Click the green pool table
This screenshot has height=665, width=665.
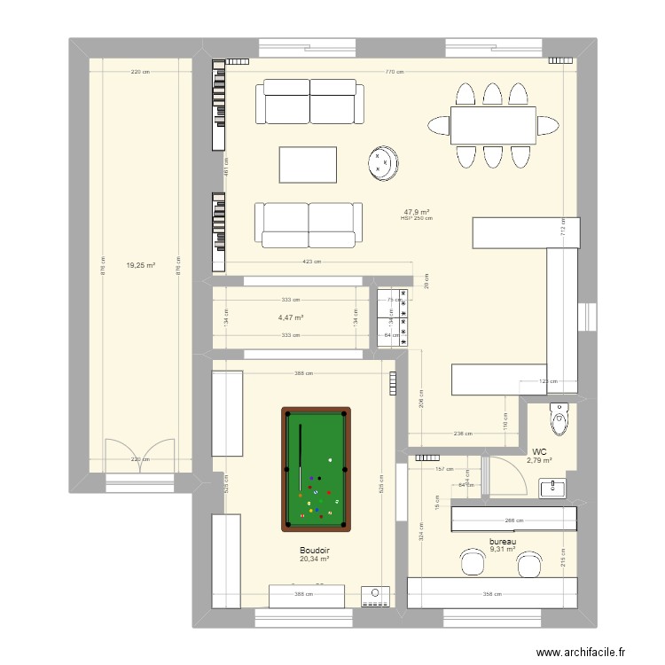click(x=316, y=467)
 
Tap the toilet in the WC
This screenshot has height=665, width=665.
click(x=559, y=419)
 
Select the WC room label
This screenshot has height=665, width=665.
click(x=539, y=450)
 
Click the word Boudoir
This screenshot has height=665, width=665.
click(x=314, y=550)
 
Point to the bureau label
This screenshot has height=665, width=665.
click(x=503, y=541)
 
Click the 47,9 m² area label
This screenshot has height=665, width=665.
click(x=417, y=212)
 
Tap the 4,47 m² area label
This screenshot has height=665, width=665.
click(x=291, y=317)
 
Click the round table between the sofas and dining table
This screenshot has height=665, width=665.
click(x=383, y=163)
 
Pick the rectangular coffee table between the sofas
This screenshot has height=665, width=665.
click(x=308, y=164)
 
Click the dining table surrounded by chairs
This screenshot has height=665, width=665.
click(x=493, y=125)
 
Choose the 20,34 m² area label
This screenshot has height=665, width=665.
click(x=314, y=559)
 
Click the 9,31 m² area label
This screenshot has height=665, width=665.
click(x=503, y=549)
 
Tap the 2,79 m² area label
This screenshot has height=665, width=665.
click(x=539, y=459)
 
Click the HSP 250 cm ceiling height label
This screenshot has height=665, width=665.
click(x=417, y=219)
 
